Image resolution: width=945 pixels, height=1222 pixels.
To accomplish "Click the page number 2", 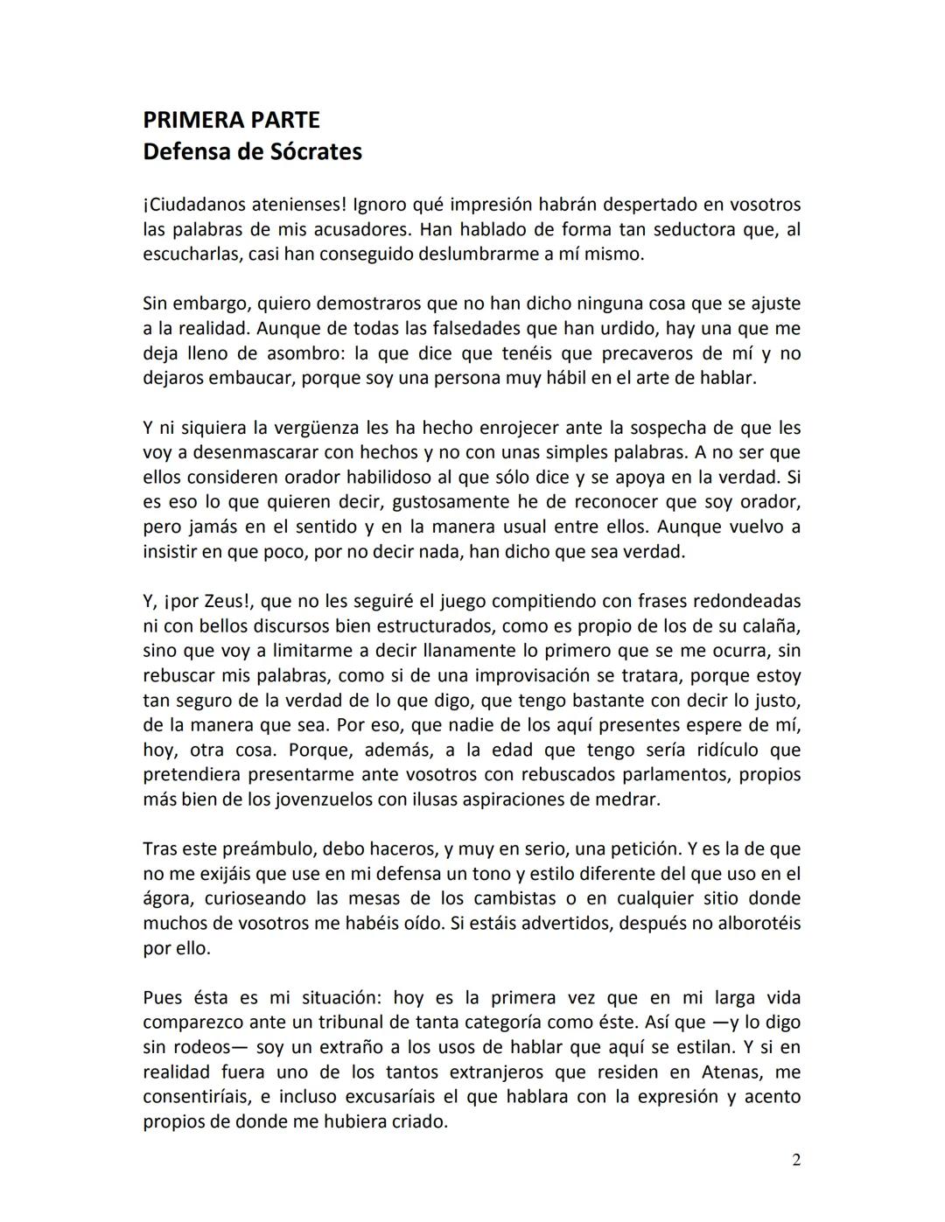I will tap(795, 1161).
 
